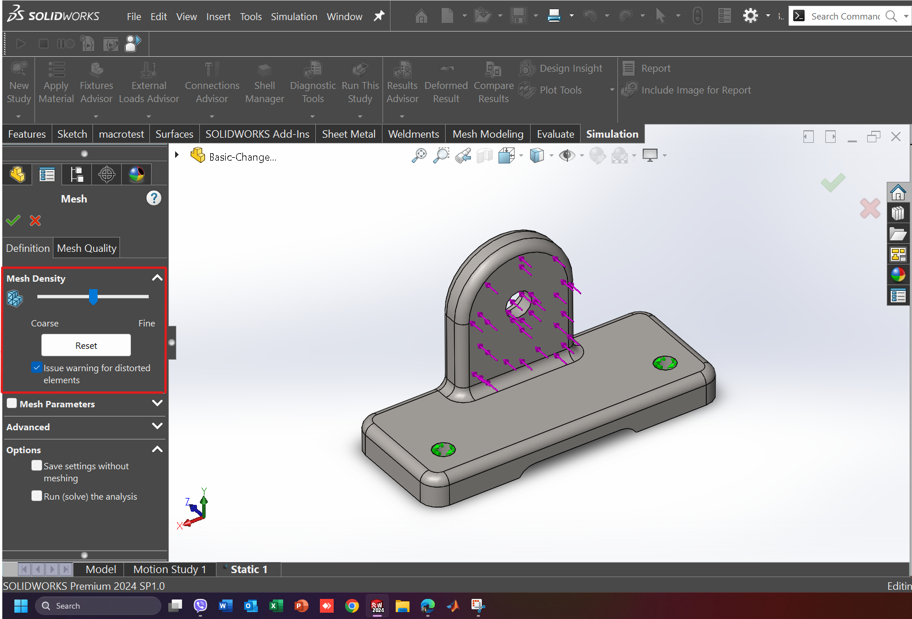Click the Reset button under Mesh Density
click(86, 345)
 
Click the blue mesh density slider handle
click(93, 297)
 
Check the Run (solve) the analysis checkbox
click(37, 496)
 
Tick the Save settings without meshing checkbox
click(37, 465)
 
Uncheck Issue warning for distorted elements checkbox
click(37, 367)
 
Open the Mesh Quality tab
click(87, 248)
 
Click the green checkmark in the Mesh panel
click(13, 220)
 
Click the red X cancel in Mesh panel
click(35, 220)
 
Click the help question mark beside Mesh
click(153, 198)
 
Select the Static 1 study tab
click(249, 569)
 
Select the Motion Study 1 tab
click(169, 569)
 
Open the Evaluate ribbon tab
click(555, 134)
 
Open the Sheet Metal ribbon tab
click(348, 134)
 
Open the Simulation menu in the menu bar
click(293, 17)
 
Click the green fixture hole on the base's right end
click(665, 363)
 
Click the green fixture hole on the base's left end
click(443, 449)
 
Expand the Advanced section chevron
click(157, 426)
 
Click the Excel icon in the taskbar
click(276, 606)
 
